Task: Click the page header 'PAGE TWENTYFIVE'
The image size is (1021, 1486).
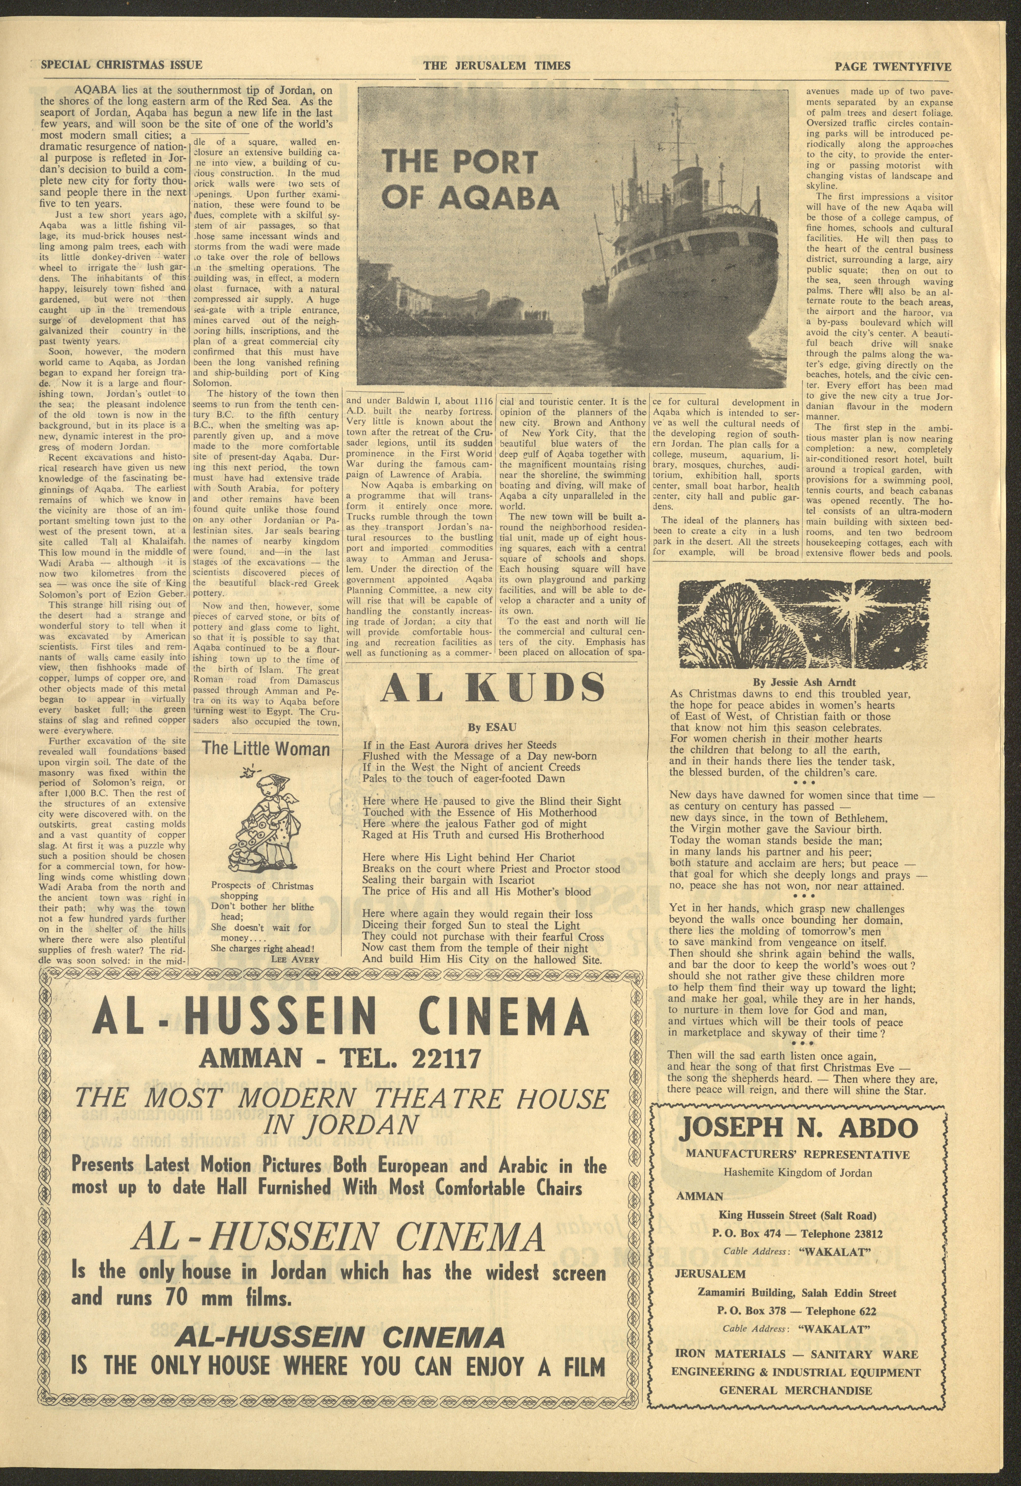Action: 893,66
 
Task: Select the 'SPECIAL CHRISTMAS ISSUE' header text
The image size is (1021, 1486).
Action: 122,65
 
